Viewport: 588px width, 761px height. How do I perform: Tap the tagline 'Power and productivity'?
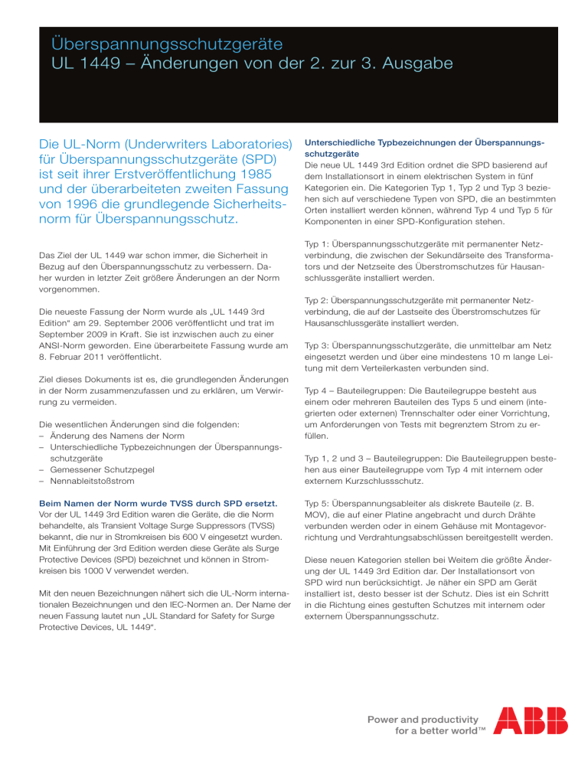431,719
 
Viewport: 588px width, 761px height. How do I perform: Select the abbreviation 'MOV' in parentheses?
318,517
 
